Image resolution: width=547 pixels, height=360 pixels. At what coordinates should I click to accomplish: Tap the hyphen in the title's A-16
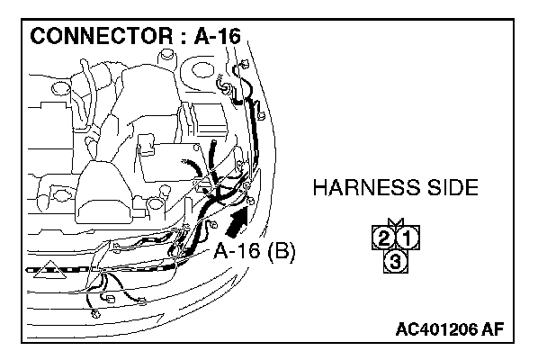(220, 39)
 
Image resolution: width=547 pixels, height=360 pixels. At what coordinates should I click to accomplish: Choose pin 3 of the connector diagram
(394, 261)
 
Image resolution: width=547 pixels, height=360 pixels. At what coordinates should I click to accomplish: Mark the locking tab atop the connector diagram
(395, 223)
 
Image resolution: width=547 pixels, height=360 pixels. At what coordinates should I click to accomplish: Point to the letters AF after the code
(493, 329)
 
